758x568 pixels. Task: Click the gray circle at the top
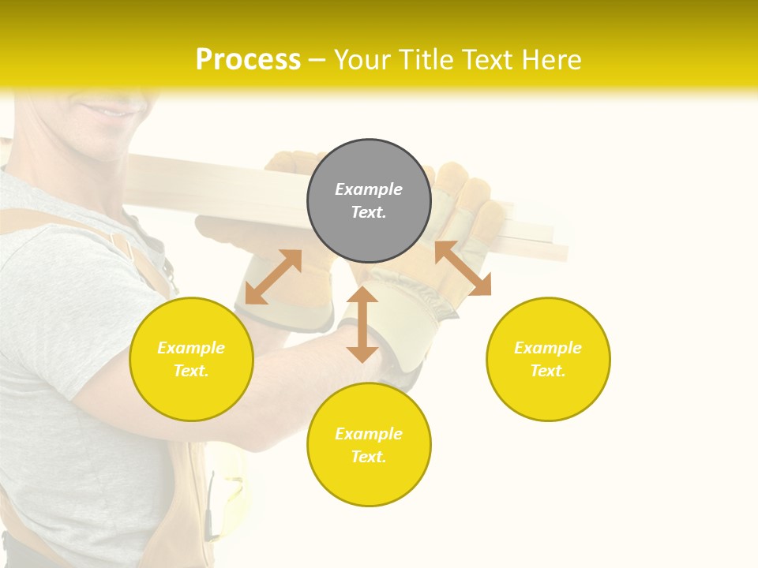click(x=369, y=201)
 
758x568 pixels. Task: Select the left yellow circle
click(x=191, y=359)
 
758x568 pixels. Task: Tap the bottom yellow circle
click(x=369, y=445)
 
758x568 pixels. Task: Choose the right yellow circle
click(x=548, y=359)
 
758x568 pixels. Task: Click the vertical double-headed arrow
click(x=362, y=324)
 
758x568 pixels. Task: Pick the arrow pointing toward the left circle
click(x=273, y=277)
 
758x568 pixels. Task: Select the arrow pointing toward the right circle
click(x=463, y=268)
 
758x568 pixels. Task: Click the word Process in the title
click(x=248, y=59)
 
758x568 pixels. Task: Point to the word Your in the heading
click(x=363, y=59)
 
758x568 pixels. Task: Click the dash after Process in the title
click(x=317, y=60)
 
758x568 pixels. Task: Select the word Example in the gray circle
click(x=369, y=189)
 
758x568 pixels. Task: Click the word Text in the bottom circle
click(x=369, y=457)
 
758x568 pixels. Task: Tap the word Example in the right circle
click(x=548, y=348)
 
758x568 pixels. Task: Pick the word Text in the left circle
click(x=191, y=371)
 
